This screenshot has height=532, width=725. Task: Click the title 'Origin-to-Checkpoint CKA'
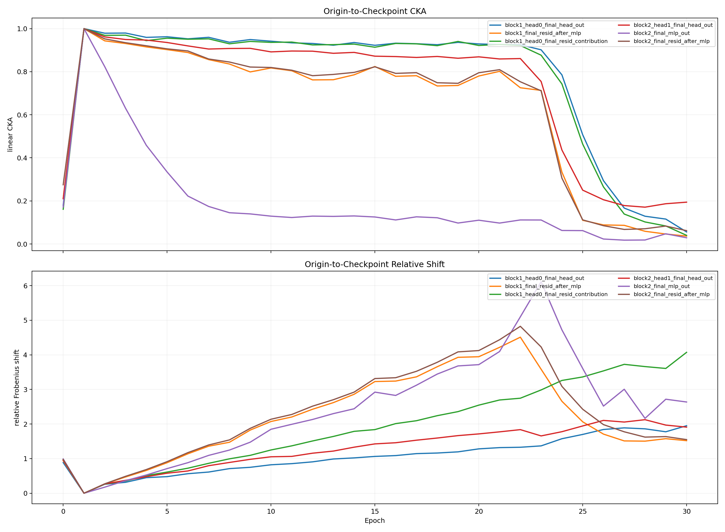pyautogui.click(x=375, y=11)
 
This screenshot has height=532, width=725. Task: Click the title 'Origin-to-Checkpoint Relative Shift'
pyautogui.click(x=375, y=264)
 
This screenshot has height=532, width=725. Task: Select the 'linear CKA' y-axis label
pyautogui.click(x=10, y=134)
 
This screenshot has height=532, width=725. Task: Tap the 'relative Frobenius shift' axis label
pyautogui.click(x=17, y=388)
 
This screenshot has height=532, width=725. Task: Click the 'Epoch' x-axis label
pyautogui.click(x=375, y=521)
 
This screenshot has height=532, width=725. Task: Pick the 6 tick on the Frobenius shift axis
pyautogui.click(x=26, y=286)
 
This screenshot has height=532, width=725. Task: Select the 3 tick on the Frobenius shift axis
pyautogui.click(x=26, y=390)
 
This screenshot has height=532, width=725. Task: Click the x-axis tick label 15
pyautogui.click(x=375, y=511)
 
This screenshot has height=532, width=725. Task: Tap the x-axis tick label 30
pyautogui.click(x=686, y=511)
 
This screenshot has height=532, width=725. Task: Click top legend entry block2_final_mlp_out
pyautogui.click(x=661, y=33)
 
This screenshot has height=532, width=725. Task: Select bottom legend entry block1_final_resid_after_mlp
pyautogui.click(x=543, y=286)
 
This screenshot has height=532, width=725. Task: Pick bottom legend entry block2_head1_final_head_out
pyautogui.click(x=673, y=278)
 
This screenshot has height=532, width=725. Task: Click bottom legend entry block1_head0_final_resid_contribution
pyautogui.click(x=556, y=294)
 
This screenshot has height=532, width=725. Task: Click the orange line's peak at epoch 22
pyautogui.click(x=520, y=337)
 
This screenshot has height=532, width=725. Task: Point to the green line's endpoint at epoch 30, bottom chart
pyautogui.click(x=686, y=352)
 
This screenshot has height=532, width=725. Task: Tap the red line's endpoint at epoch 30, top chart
pyautogui.click(x=686, y=202)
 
